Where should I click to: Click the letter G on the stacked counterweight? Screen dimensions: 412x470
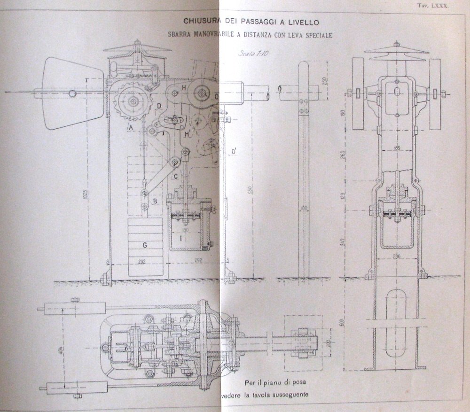[x=145, y=244]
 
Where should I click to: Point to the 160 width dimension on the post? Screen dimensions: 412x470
[x=304, y=207]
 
